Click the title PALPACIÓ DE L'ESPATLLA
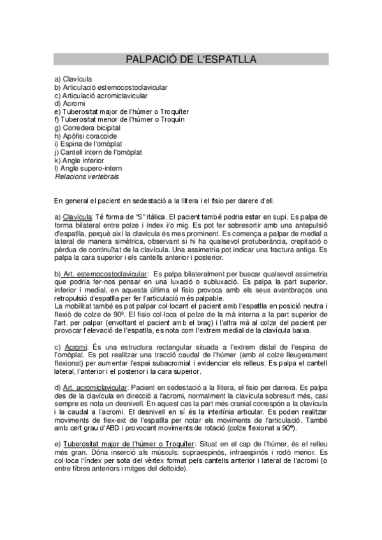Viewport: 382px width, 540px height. coord(191,59)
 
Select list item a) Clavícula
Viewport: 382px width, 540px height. coord(73,78)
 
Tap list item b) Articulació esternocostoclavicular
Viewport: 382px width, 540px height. coord(111,87)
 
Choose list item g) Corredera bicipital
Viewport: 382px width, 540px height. coord(87,128)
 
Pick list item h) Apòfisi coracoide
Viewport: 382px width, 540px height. coord(85,136)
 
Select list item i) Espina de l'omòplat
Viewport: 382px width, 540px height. coord(88,145)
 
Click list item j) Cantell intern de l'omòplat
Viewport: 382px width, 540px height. coord(98,153)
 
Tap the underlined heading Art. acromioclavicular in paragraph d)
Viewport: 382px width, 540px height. coord(95,388)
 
